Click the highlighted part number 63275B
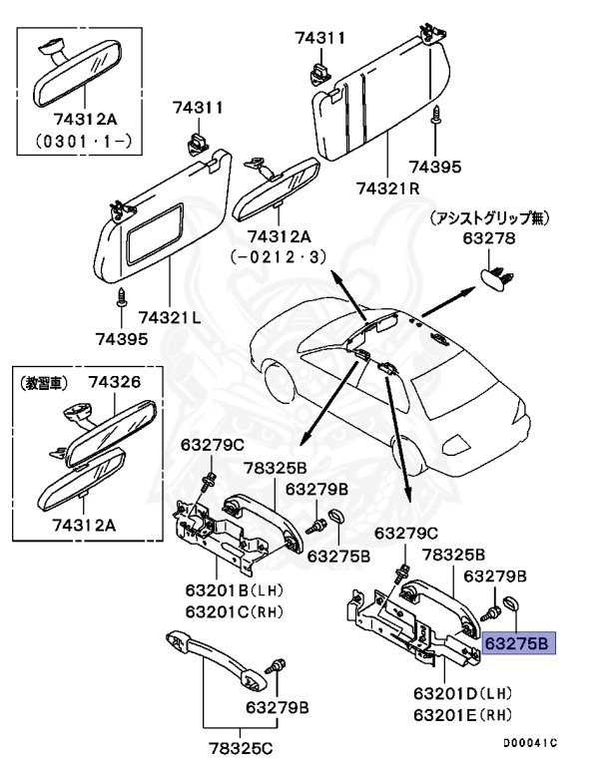(516, 643)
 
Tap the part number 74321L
(171, 317)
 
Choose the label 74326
(115, 381)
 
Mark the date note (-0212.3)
(279, 256)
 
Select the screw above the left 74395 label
(121, 296)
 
